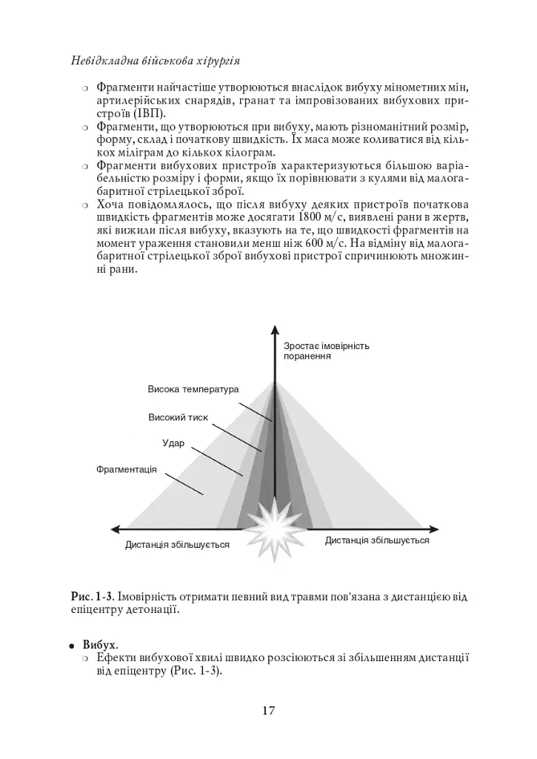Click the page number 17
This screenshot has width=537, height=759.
click(x=268, y=711)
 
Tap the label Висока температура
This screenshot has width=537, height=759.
click(x=193, y=389)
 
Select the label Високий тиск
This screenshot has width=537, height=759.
click(x=178, y=417)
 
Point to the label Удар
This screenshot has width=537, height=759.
click(x=173, y=443)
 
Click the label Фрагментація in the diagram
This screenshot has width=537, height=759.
click(x=127, y=469)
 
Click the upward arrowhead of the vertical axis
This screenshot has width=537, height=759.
click(x=275, y=331)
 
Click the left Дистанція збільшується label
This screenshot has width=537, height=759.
click(x=177, y=545)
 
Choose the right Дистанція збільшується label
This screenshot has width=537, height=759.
click(x=377, y=540)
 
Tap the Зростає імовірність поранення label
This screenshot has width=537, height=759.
click(x=327, y=351)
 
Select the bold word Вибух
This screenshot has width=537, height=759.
click(x=99, y=644)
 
